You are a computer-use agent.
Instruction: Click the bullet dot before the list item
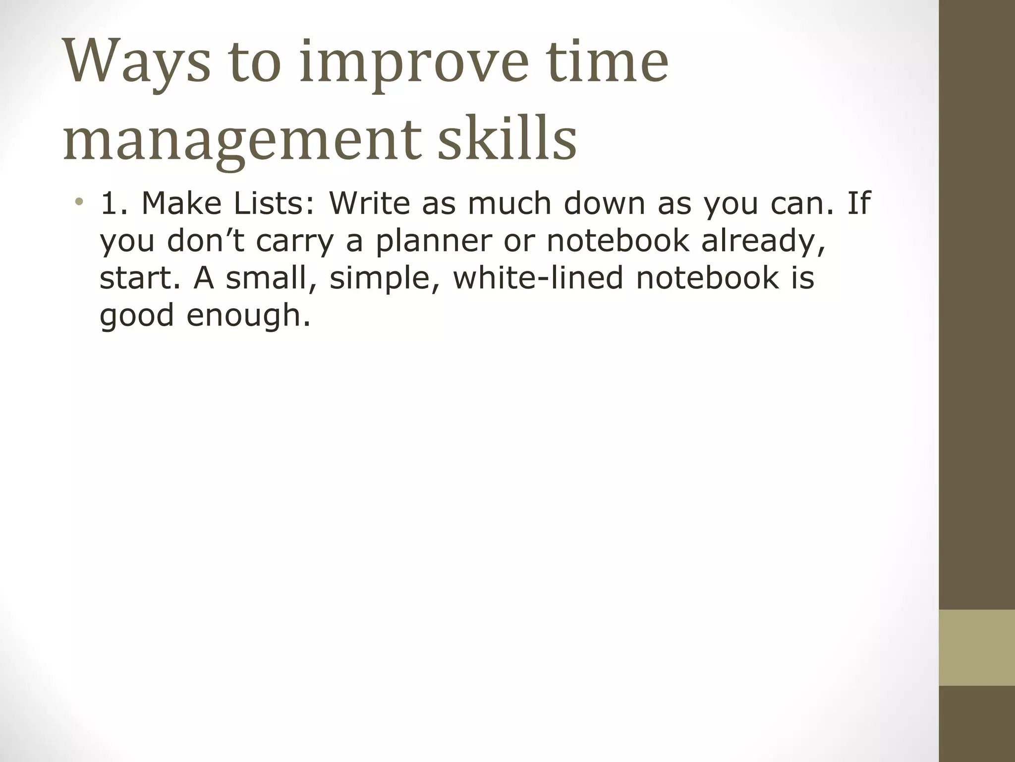coord(79,202)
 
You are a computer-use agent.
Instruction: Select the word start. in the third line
coord(141,278)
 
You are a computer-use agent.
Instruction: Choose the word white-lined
coord(538,278)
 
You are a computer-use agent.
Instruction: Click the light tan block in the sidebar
coord(976,647)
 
